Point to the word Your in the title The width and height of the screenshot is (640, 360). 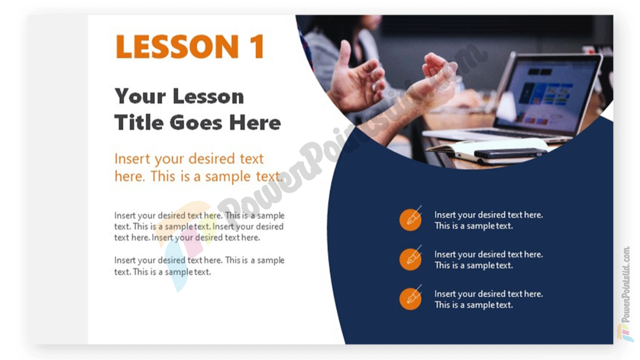coord(140,97)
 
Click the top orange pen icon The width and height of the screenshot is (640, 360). coord(411,219)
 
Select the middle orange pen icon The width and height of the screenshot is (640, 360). coord(411,259)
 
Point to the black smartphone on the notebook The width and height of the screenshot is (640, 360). coord(510,153)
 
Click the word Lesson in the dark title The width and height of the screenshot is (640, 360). coord(208,97)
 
